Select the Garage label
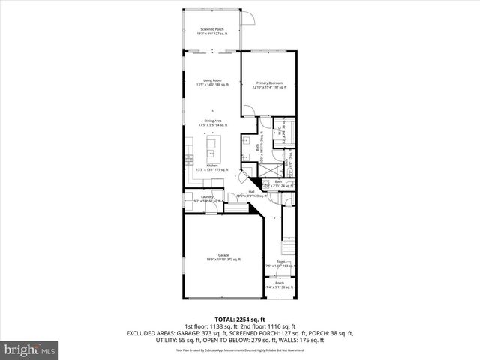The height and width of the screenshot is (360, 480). coord(223,255)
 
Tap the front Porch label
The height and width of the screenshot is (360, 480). coord(280,283)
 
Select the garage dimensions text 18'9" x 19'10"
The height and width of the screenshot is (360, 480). coord(223,259)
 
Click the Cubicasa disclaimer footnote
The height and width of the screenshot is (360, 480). coord(240,350)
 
